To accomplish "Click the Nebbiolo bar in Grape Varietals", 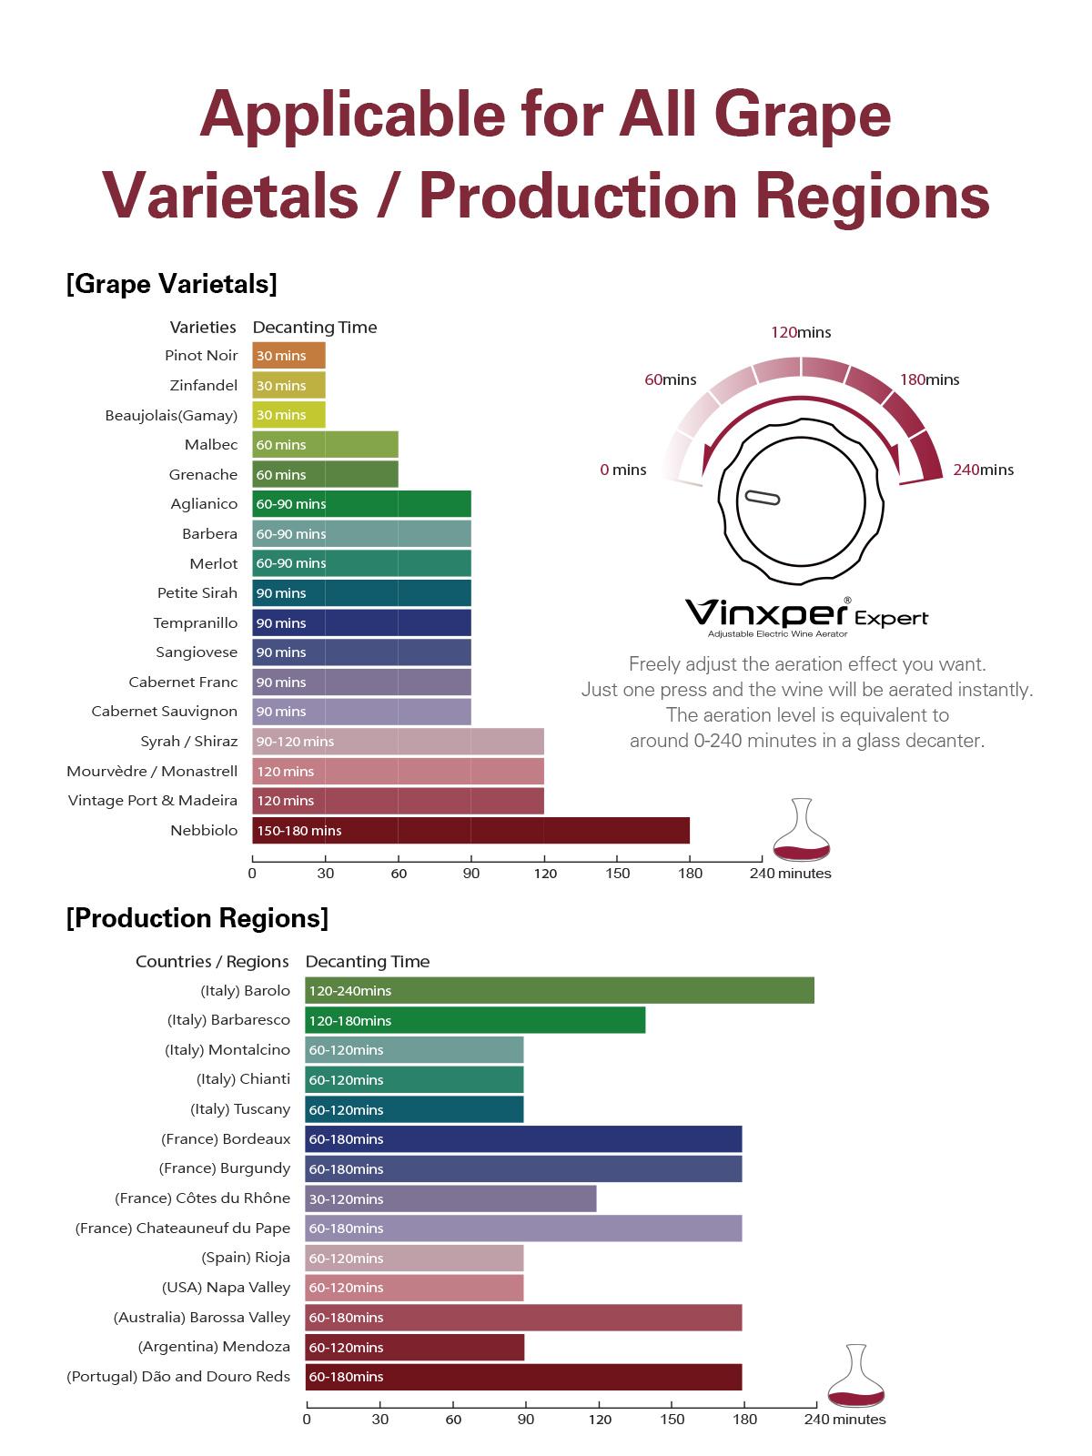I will [x=470, y=831].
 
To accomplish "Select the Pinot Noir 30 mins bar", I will [x=288, y=356].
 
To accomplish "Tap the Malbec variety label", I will [x=211, y=445].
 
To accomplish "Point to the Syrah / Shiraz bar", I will [x=398, y=742].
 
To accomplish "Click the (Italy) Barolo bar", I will [x=560, y=991].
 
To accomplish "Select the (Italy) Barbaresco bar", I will [x=475, y=1020].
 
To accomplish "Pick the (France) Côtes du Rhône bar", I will [x=450, y=1198].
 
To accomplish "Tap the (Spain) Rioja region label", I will [x=246, y=1258].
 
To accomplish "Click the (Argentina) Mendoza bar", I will [x=414, y=1347].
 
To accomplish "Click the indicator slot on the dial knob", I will [x=762, y=497].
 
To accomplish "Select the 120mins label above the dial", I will [x=801, y=333].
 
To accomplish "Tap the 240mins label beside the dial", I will [x=983, y=470].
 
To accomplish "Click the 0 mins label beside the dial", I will [x=623, y=470].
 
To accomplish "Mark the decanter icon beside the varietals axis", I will [x=802, y=829].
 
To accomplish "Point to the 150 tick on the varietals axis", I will [x=617, y=873].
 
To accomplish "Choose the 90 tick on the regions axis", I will [x=526, y=1419].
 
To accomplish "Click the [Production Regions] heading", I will [x=197, y=918].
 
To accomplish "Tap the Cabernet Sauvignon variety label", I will [x=165, y=712].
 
